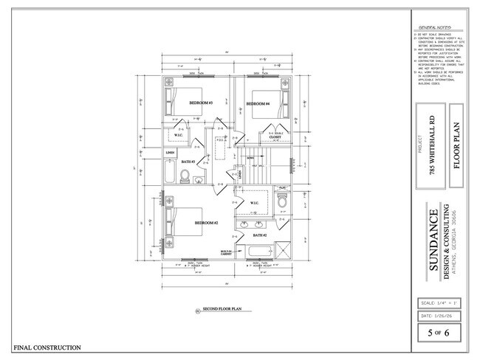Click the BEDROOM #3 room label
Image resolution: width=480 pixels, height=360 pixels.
coord(201,103)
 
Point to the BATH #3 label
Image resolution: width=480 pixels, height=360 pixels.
coord(188,161)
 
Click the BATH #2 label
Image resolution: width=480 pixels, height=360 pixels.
coord(259,235)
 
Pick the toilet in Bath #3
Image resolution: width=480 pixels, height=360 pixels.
coord(185,176)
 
